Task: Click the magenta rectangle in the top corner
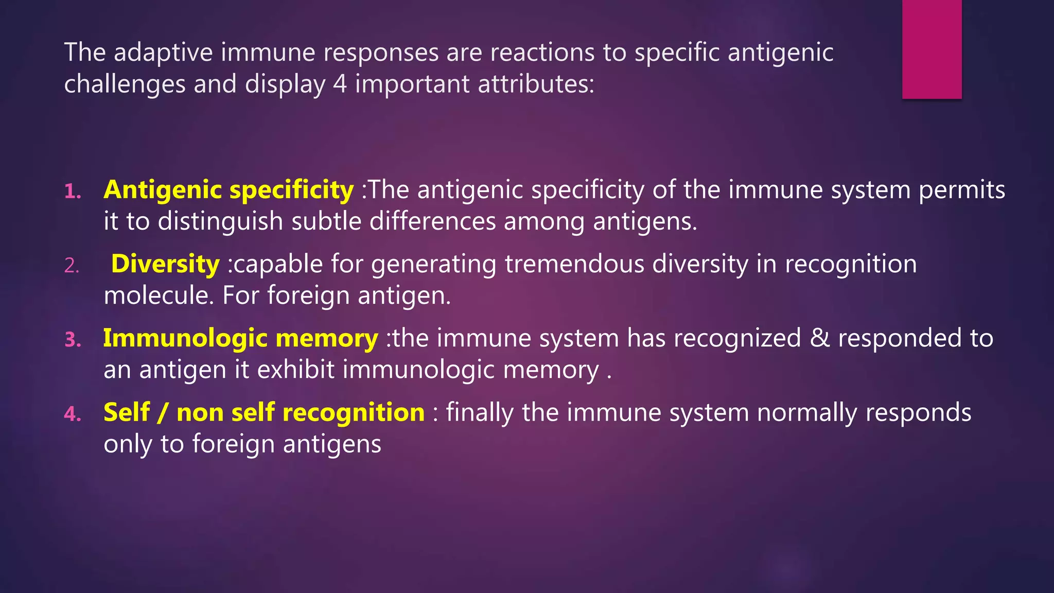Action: (x=932, y=49)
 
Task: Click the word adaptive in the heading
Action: (x=163, y=53)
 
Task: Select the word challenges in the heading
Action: (x=125, y=84)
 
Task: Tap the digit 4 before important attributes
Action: (x=340, y=84)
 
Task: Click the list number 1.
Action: (x=73, y=191)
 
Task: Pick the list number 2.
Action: (x=72, y=266)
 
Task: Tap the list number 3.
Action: (x=73, y=340)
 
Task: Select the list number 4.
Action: (x=73, y=414)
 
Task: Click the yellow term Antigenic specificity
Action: (x=229, y=190)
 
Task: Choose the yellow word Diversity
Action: (x=165, y=264)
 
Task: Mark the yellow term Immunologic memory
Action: (x=240, y=338)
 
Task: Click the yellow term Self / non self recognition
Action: (x=264, y=412)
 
